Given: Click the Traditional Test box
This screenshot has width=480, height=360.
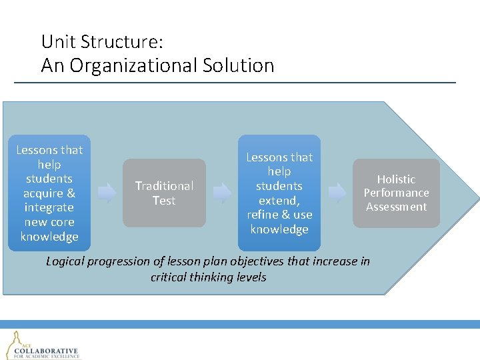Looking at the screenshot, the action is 164,193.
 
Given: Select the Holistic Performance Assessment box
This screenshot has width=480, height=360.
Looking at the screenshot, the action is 396,193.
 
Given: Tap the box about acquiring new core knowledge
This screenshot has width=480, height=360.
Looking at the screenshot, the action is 49,193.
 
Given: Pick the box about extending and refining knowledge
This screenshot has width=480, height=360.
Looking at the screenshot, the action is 279,193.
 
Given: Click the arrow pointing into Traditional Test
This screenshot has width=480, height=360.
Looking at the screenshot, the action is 106,193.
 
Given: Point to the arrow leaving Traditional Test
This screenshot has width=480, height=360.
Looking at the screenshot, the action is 222,193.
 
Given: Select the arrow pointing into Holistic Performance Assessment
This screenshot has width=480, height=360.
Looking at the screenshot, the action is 337,193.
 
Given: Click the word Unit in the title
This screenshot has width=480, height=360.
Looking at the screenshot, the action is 56,42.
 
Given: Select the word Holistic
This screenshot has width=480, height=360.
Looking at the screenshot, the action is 396,179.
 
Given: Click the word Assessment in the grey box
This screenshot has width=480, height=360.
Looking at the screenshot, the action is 396,207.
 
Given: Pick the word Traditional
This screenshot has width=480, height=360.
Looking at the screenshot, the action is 164,186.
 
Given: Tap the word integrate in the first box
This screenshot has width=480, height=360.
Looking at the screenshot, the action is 49,208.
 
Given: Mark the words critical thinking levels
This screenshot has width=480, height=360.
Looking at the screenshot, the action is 208,277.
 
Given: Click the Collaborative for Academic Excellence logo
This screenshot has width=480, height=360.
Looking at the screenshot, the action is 43,345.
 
